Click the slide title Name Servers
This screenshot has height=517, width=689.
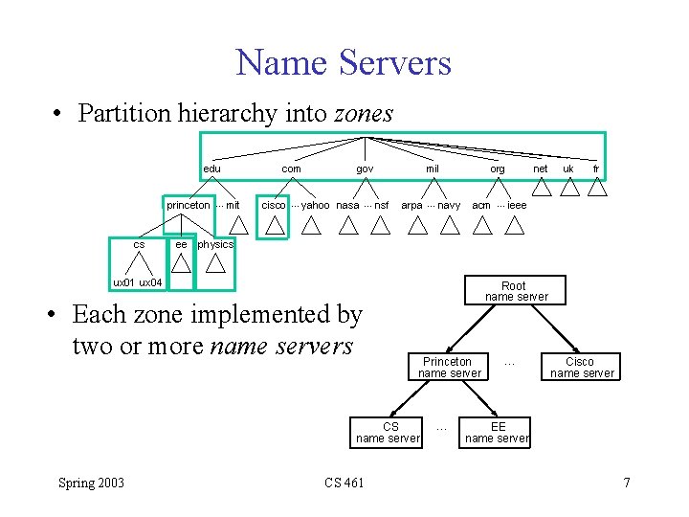[x=344, y=63]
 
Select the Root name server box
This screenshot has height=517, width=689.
[x=516, y=291]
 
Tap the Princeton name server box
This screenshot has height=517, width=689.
[x=449, y=368]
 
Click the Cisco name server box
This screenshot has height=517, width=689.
[x=581, y=368]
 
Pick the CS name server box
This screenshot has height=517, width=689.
[x=389, y=432]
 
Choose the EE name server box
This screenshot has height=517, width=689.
[x=497, y=432]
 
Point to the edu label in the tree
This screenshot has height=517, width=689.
[x=211, y=169]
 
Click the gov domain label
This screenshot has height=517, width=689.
[x=365, y=169]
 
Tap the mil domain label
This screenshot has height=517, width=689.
[x=433, y=169]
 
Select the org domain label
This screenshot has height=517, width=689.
[x=498, y=169]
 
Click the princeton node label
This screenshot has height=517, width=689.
[x=188, y=205]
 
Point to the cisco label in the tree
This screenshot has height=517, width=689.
[x=274, y=205]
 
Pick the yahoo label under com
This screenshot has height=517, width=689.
[x=316, y=205]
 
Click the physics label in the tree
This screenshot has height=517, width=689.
[x=215, y=244]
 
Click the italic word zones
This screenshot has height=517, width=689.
[x=363, y=113]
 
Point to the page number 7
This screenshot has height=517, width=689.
[x=627, y=483]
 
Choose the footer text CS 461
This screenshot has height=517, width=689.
[x=344, y=483]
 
